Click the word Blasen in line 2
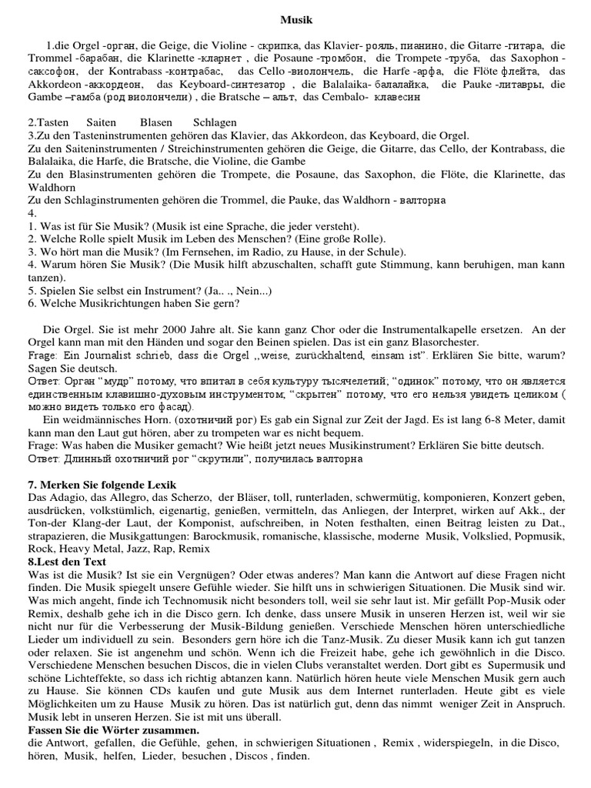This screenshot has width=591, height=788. click(x=156, y=122)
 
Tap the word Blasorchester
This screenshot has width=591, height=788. click(x=441, y=342)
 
